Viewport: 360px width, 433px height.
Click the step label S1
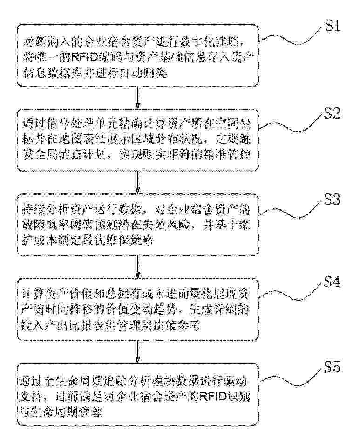333,26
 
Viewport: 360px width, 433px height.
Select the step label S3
332,199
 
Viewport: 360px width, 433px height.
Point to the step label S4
332,282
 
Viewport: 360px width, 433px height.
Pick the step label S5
332,366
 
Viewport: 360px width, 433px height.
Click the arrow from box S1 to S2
138,98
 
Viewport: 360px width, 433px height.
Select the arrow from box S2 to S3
138,183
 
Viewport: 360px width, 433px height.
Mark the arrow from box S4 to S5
138,352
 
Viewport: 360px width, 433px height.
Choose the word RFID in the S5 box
213,397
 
